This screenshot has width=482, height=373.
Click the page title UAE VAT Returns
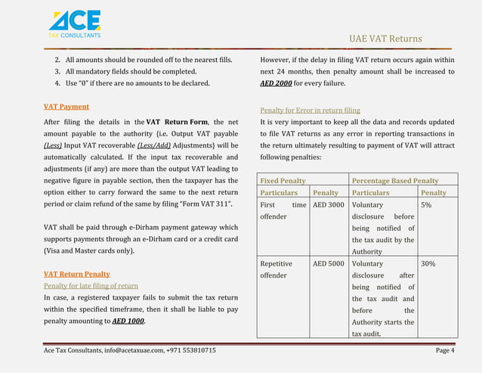point(385,39)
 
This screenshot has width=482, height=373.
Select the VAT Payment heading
point(66,107)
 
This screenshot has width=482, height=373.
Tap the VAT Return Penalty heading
point(76,273)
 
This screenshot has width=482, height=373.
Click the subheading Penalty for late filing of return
point(90,285)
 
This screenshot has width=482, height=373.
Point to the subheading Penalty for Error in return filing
point(310,110)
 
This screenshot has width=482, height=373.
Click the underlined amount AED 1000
point(128,321)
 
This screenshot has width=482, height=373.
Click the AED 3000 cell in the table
point(329,204)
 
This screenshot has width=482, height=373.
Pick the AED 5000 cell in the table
point(329,264)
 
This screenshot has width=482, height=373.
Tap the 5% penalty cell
point(426,204)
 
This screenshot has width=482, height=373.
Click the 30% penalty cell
point(428,264)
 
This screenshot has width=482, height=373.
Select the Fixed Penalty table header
point(283,181)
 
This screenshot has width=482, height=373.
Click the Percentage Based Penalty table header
point(395,181)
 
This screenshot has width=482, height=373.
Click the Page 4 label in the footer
point(445,350)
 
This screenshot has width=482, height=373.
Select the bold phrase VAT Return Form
point(178,122)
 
